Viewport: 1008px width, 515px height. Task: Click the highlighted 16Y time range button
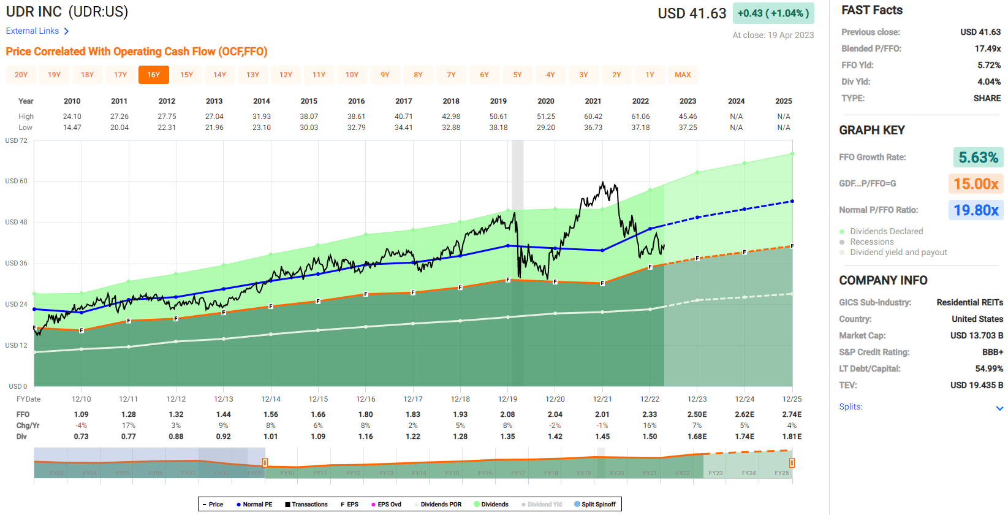coord(153,75)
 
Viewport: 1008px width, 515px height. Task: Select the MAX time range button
coord(683,75)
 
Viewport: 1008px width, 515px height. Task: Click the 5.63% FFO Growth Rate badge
coord(978,158)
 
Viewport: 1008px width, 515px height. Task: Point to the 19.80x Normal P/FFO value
coord(976,210)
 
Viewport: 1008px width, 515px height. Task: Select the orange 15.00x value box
coord(976,184)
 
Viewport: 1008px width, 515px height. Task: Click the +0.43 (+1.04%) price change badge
coord(773,13)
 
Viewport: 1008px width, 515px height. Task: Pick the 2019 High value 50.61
coord(498,116)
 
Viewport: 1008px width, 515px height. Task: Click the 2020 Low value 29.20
coord(545,128)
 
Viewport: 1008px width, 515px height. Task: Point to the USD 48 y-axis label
coord(17,222)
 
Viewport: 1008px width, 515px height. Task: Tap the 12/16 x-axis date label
coord(365,399)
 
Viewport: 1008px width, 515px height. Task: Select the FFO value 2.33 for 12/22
coord(650,414)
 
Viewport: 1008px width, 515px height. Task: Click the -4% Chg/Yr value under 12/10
coord(81,425)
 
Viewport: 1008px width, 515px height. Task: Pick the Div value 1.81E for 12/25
coord(792,437)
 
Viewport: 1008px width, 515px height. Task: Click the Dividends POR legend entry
coord(440,505)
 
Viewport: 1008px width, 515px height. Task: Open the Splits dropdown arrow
coord(999,408)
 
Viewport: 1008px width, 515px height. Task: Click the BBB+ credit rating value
coord(992,352)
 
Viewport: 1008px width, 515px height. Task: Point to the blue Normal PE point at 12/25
coord(792,201)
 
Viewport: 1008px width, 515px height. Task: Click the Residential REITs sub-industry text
coord(969,302)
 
